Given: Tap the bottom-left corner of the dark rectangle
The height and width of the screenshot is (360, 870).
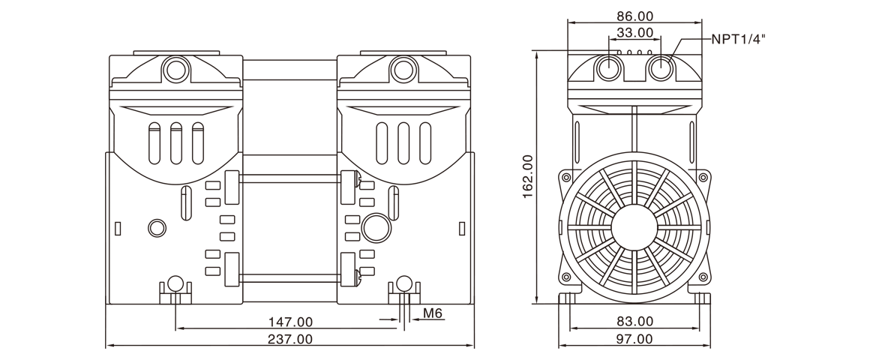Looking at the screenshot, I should point(106,347).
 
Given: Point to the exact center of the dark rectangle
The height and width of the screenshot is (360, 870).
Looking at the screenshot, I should point(435,180).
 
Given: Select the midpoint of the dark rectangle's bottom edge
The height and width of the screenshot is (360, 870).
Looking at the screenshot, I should point(435,347).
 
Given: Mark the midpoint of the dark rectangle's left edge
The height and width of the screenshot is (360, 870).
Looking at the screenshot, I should point(106,180).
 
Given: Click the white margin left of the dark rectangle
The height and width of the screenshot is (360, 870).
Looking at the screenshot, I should point(52,180).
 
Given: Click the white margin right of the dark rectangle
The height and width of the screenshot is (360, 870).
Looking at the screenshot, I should point(817,180).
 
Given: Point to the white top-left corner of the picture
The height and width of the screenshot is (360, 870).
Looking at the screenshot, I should point(3,3).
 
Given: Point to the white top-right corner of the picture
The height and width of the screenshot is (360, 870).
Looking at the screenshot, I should point(866,3).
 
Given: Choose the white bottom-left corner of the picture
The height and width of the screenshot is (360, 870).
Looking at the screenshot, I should point(3,356).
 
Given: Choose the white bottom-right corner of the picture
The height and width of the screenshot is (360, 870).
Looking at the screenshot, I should point(866,356).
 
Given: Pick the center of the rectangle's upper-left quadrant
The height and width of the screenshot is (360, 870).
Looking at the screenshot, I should point(270,95).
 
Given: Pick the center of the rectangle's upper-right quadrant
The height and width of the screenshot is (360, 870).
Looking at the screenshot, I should point(600,95).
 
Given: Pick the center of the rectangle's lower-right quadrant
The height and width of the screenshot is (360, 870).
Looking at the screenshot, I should point(600,264).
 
